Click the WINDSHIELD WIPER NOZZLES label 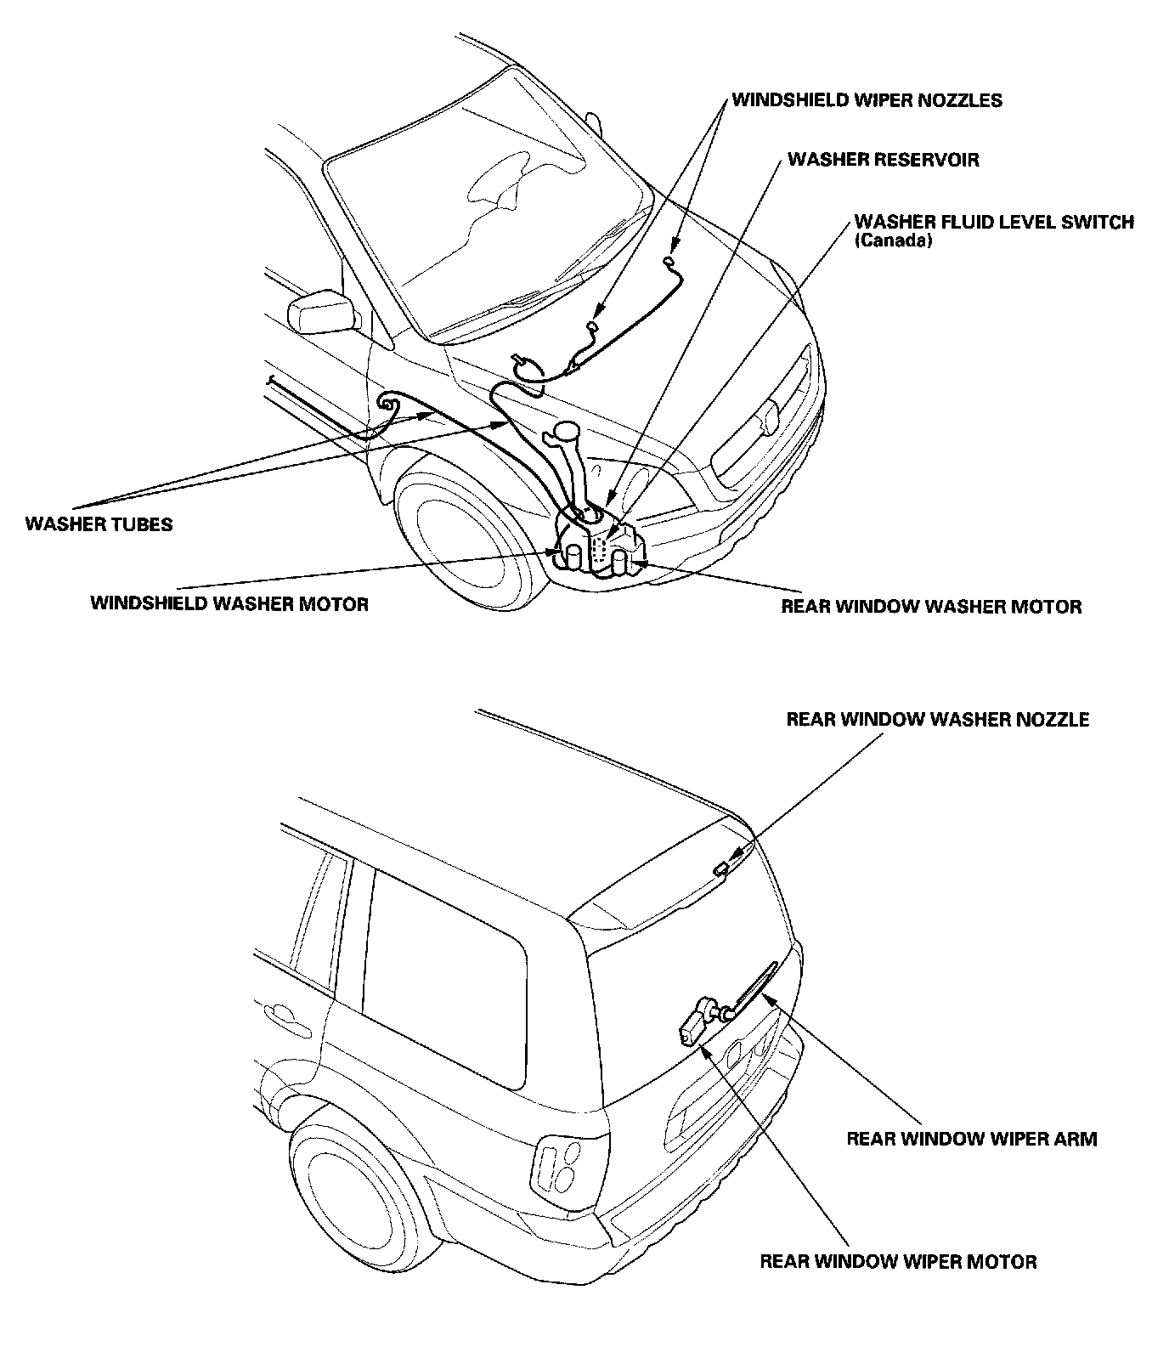click(867, 100)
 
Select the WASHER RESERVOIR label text click(884, 160)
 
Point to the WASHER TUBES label click(99, 523)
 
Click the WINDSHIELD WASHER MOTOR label click(229, 604)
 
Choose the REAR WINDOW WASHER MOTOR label click(931, 607)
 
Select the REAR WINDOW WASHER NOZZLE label click(938, 720)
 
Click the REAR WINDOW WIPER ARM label click(972, 1139)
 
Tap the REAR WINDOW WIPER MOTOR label click(898, 1261)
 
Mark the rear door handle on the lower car click(287, 1018)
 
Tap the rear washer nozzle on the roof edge click(720, 868)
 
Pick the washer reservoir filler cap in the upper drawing click(565, 432)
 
